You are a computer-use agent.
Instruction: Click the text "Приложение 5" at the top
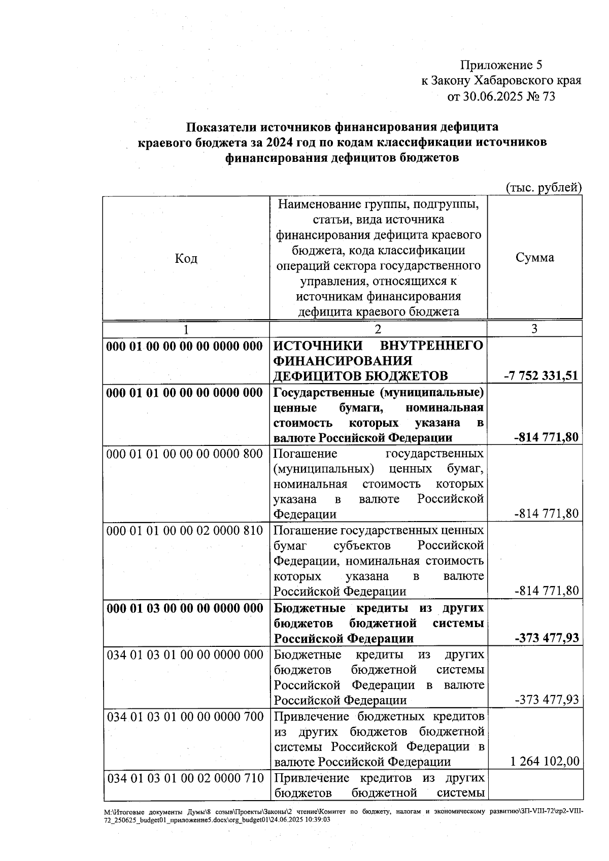(x=501, y=65)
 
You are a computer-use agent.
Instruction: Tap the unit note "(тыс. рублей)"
(x=544, y=188)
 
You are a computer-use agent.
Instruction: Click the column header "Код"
(x=186, y=259)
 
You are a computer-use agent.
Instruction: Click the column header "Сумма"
(x=534, y=258)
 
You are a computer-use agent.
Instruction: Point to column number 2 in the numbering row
(x=378, y=329)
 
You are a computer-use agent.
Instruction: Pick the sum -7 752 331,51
(x=541, y=375)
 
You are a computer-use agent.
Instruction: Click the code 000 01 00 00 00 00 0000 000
(x=185, y=347)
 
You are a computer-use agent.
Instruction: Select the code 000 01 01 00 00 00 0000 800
(x=185, y=454)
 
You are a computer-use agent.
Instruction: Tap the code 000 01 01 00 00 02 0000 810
(x=185, y=531)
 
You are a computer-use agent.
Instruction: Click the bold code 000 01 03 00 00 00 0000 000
(x=185, y=608)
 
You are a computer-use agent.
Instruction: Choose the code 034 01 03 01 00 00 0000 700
(x=185, y=717)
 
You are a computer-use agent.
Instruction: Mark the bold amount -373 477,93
(x=547, y=638)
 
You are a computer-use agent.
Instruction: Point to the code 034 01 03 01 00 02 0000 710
(x=185, y=778)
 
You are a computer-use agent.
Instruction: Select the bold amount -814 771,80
(x=547, y=437)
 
